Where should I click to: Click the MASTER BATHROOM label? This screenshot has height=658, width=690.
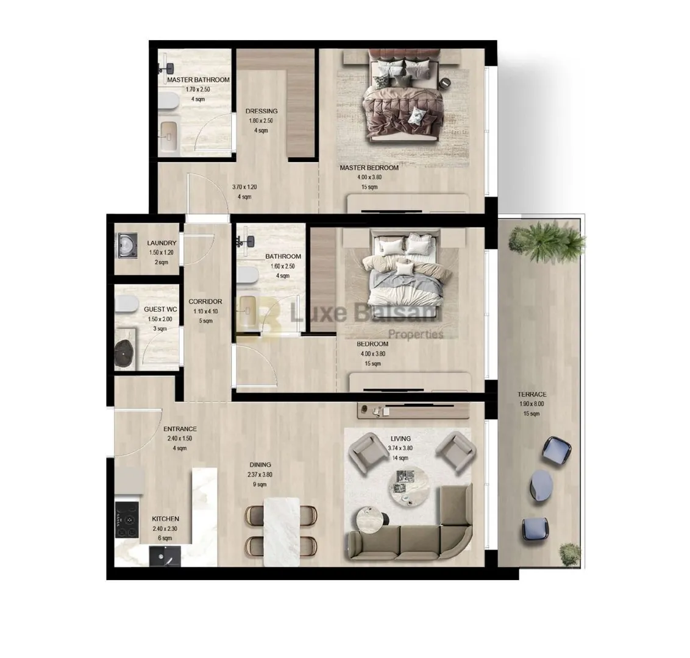click(x=198, y=80)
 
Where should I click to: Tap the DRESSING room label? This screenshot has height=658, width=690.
click(x=261, y=111)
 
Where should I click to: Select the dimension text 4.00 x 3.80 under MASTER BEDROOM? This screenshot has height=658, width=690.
click(x=369, y=177)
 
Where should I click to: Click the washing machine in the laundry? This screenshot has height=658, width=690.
click(x=127, y=246)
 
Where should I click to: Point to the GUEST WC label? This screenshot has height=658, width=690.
click(x=160, y=310)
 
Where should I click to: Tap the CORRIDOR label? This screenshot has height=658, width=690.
click(x=205, y=302)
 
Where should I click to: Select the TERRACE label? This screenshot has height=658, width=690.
click(x=532, y=394)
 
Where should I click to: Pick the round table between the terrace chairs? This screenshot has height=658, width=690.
click(x=542, y=485)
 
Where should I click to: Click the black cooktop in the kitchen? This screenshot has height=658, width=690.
click(x=127, y=520)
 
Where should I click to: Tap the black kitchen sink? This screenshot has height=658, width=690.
click(x=164, y=556)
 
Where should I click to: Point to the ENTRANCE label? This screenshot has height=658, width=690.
click(x=180, y=429)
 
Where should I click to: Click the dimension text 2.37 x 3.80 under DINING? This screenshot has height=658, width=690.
click(x=260, y=475)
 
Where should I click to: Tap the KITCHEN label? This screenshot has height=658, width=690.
click(x=165, y=518)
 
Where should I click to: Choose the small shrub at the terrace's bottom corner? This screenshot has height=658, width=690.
click(x=571, y=554)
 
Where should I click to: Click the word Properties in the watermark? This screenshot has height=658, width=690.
click(x=416, y=334)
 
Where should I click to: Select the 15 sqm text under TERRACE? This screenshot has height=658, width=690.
click(x=532, y=414)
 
